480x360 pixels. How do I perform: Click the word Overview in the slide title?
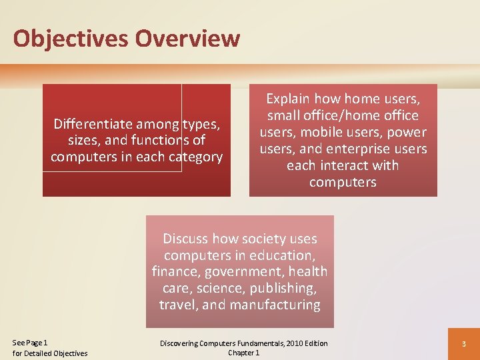click(187, 38)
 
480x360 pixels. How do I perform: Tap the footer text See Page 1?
click(30, 342)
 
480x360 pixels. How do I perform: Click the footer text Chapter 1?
click(243, 353)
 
